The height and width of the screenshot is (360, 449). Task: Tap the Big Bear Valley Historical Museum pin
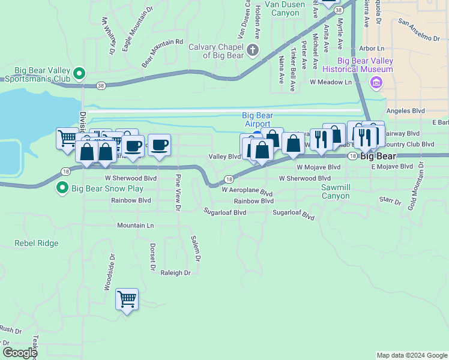(x=376, y=82)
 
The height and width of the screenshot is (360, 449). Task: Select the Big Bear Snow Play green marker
(x=62, y=188)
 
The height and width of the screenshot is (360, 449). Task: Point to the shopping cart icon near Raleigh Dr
(x=127, y=298)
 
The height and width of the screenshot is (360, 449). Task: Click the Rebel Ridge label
(x=37, y=244)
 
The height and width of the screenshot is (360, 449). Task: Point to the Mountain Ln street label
(x=135, y=226)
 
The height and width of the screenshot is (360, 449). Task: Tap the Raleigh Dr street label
(x=175, y=272)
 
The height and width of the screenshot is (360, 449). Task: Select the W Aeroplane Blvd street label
(x=247, y=191)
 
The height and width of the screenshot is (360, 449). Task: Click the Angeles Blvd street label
(x=405, y=111)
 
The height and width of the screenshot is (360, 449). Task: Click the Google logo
(x=20, y=353)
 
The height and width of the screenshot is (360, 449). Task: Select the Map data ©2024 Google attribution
(x=412, y=355)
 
